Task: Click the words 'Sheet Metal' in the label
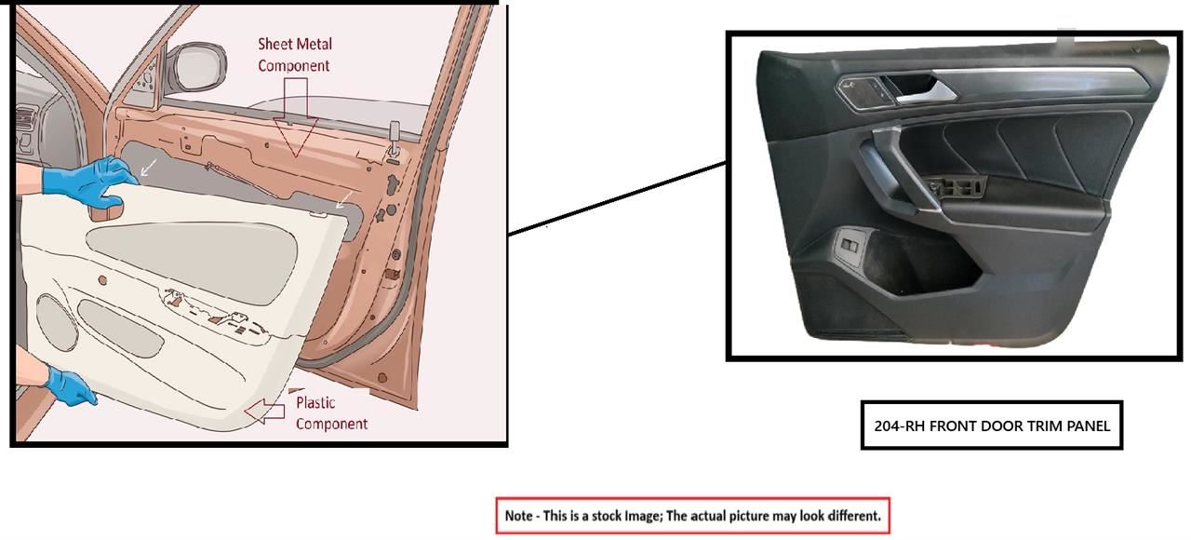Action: pos(295,44)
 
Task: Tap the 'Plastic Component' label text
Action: pos(331,413)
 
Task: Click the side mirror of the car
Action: pos(196,66)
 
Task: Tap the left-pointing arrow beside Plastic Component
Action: pos(265,412)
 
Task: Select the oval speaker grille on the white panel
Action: pos(57,322)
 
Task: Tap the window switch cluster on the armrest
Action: pos(956,187)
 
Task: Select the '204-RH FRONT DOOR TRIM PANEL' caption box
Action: pos(992,425)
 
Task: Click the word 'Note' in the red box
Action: pos(518,516)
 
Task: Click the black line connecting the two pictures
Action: pos(617,198)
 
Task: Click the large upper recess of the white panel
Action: pos(192,262)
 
